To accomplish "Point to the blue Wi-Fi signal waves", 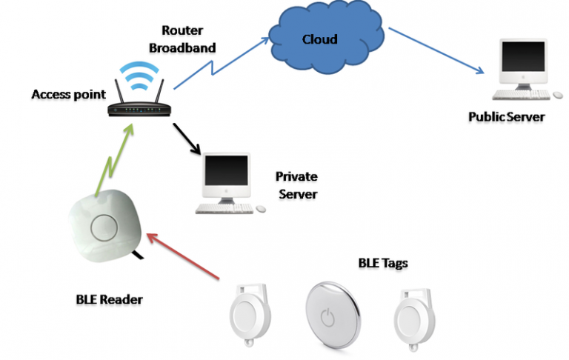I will pos(139,76).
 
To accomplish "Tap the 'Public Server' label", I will pos(506,117).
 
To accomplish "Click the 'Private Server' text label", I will pos(296,185).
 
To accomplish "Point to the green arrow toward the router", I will pos(116,160).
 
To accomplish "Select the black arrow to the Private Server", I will pos(187,139).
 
